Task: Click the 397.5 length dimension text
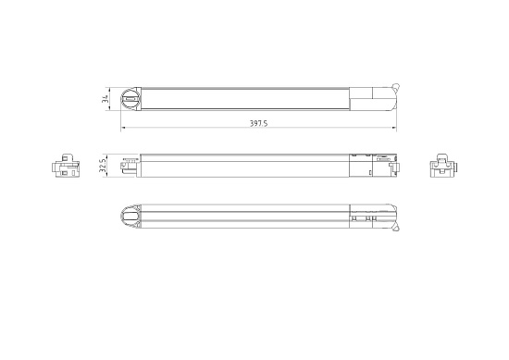pyautogui.click(x=258, y=124)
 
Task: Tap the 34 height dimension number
pyautogui.click(x=106, y=97)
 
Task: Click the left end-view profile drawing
pyautogui.click(x=65, y=167)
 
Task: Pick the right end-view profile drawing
pyautogui.click(x=444, y=167)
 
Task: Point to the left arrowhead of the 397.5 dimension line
pyautogui.click(x=123, y=128)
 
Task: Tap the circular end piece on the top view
pyautogui.click(x=130, y=95)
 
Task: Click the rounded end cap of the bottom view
pyautogui.click(x=130, y=217)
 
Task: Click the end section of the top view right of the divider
pyautogui.click(x=370, y=97)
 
